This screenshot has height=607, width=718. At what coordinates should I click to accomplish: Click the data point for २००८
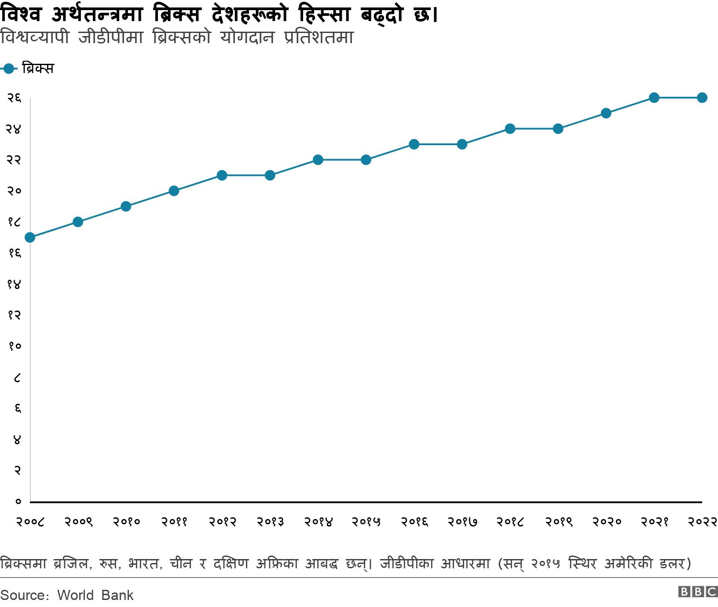coord(30,238)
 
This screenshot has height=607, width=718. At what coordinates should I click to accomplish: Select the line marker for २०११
coord(174,191)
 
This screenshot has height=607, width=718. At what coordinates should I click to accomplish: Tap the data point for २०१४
coord(318,160)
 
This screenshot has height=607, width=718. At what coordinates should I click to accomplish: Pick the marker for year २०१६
coord(414,144)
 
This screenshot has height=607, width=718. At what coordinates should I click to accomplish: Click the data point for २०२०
coord(606,113)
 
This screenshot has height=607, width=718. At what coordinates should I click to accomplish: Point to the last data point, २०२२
coord(702,98)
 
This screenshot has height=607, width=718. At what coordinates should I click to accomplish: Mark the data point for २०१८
coord(510,129)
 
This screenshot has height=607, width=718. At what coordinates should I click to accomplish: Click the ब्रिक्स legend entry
coord(37,69)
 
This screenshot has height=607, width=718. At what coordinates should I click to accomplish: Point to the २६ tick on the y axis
coord(14,98)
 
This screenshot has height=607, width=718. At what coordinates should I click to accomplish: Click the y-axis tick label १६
coord(14,253)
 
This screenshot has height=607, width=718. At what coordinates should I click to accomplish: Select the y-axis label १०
coord(14,346)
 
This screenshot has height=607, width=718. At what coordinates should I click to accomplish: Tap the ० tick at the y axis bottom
coord(18,501)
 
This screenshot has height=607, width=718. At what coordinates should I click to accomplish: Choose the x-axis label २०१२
coord(222,522)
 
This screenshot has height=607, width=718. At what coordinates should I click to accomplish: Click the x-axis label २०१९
coord(558,522)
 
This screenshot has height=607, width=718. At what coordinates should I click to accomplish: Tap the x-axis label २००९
coord(78,522)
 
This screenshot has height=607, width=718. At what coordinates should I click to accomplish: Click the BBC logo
coord(698,592)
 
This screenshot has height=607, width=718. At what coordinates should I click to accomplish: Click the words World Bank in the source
coord(95,595)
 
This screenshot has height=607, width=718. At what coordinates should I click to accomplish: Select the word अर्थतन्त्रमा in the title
coord(97,15)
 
